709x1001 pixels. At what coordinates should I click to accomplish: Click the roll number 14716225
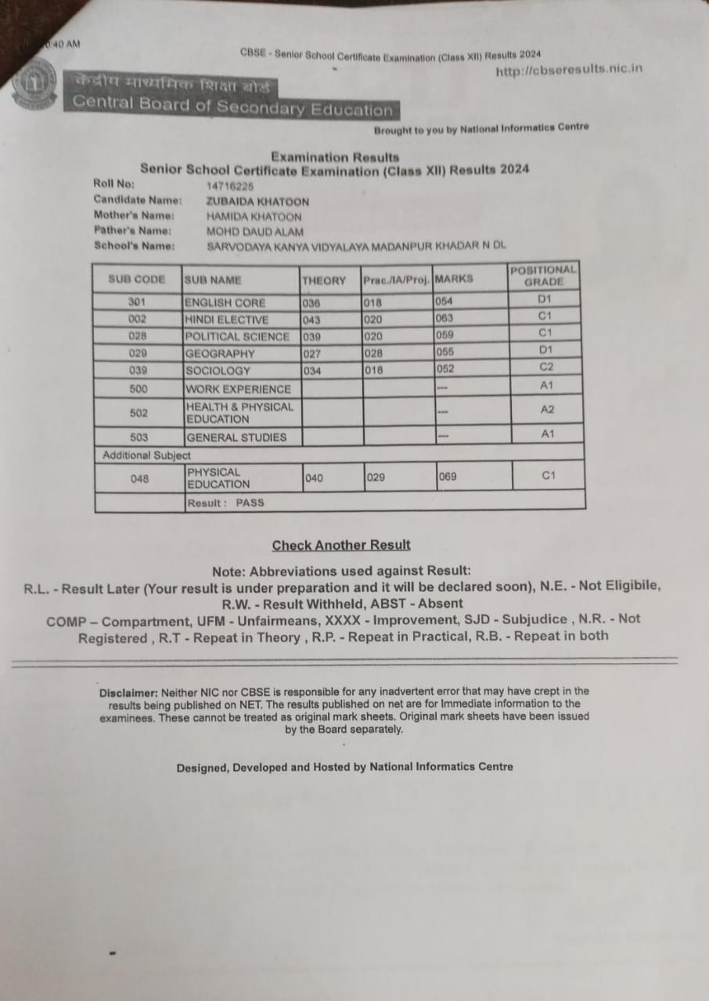230,186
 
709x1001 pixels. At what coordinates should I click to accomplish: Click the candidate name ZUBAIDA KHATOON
257,201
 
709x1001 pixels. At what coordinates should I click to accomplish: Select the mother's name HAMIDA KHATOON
254,217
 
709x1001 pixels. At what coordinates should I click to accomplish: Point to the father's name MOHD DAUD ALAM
255,231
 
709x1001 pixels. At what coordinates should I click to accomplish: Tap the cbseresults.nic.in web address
569,69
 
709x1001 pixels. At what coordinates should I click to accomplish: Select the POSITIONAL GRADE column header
543,275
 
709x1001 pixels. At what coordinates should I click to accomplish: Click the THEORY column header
323,280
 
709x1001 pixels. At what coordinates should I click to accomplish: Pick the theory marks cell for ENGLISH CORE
311,303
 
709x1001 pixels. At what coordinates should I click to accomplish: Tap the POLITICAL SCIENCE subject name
237,336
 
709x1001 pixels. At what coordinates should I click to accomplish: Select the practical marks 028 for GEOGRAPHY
374,353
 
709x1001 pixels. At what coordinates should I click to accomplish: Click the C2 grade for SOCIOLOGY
546,367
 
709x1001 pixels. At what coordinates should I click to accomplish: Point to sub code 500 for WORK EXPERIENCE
138,389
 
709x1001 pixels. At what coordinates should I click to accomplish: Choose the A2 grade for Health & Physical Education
547,409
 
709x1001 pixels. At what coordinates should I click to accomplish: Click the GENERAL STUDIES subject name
236,437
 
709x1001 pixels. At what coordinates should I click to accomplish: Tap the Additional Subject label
146,454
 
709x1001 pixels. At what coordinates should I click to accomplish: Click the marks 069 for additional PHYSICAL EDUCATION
448,476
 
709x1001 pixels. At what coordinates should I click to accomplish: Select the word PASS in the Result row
250,503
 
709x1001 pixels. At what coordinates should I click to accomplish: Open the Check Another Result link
341,545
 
